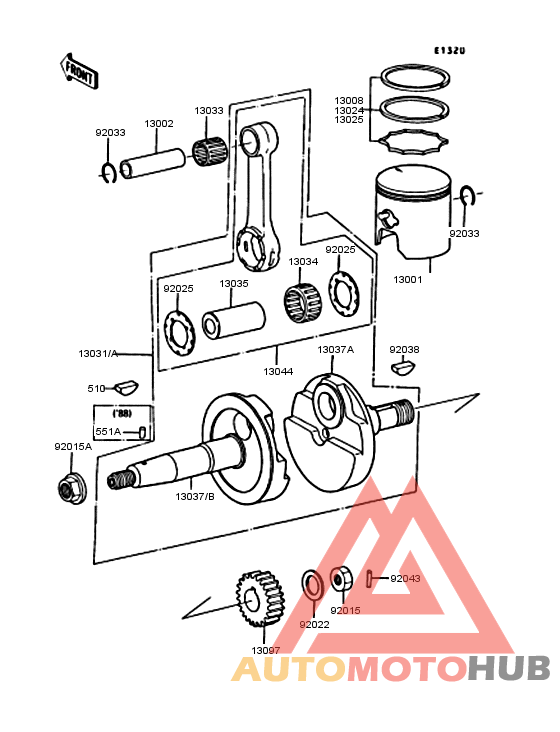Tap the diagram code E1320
click(x=449, y=50)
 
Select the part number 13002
click(x=159, y=123)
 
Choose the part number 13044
click(x=277, y=371)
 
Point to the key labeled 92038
click(x=402, y=367)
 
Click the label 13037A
click(x=335, y=350)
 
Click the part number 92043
click(x=405, y=579)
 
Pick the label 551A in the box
click(x=107, y=431)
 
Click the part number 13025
click(x=349, y=121)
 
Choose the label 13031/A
click(x=98, y=354)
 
